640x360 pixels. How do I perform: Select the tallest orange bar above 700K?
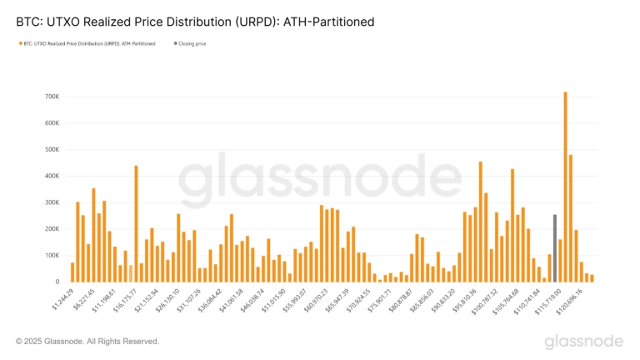tap(565, 187)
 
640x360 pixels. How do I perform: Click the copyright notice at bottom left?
tap(87, 341)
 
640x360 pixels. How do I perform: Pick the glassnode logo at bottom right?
tap(583, 342)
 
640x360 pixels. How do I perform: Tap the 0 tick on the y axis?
tap(56, 282)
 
